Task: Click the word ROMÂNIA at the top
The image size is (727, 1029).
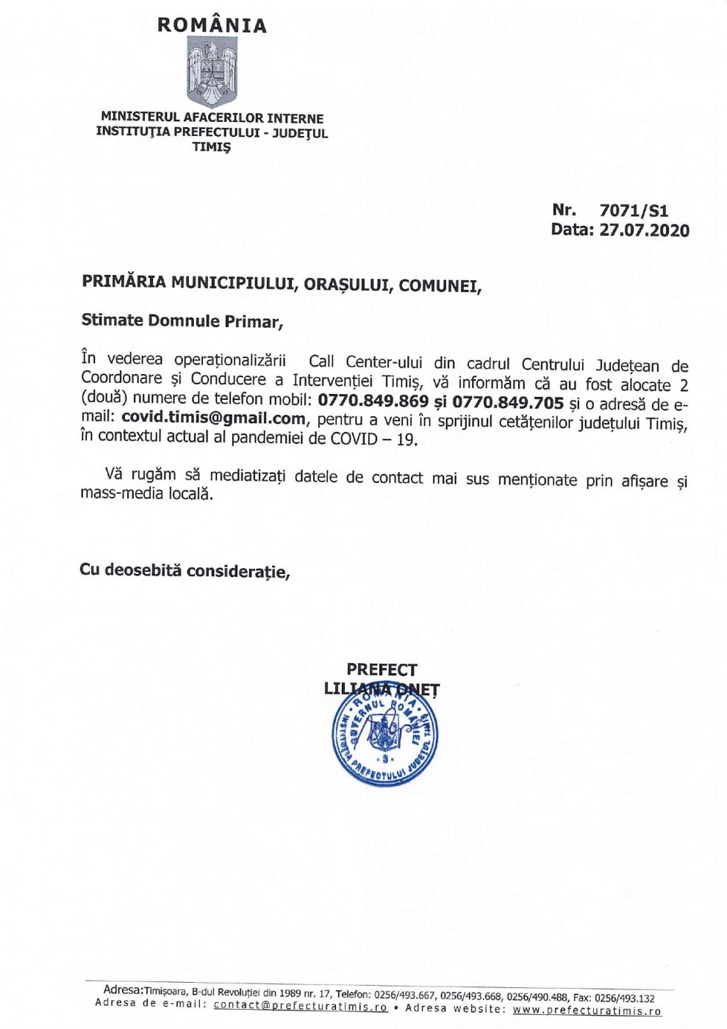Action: point(212,25)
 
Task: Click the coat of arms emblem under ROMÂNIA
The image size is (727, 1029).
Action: point(212,72)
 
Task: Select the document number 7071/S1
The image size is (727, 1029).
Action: point(634,211)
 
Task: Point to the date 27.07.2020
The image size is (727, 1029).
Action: point(644,230)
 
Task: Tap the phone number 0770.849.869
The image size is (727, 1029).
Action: point(373,401)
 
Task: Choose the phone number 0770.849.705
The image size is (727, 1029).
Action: point(508,403)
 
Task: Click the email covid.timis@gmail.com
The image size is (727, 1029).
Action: point(213,419)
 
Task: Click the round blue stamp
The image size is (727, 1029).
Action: point(385,737)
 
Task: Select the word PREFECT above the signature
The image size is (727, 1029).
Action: point(382,670)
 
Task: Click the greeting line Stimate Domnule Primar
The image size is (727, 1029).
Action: point(182,321)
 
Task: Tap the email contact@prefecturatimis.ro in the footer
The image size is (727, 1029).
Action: point(301,1006)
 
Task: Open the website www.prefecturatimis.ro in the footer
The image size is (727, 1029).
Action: point(587,1010)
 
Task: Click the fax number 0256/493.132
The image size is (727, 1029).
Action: point(623,998)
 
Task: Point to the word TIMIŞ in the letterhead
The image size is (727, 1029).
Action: point(212,147)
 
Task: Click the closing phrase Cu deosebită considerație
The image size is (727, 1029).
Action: point(185,570)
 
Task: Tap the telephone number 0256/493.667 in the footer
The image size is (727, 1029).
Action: point(407,995)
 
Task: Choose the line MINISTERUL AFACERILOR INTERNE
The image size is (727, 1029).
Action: point(212,118)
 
